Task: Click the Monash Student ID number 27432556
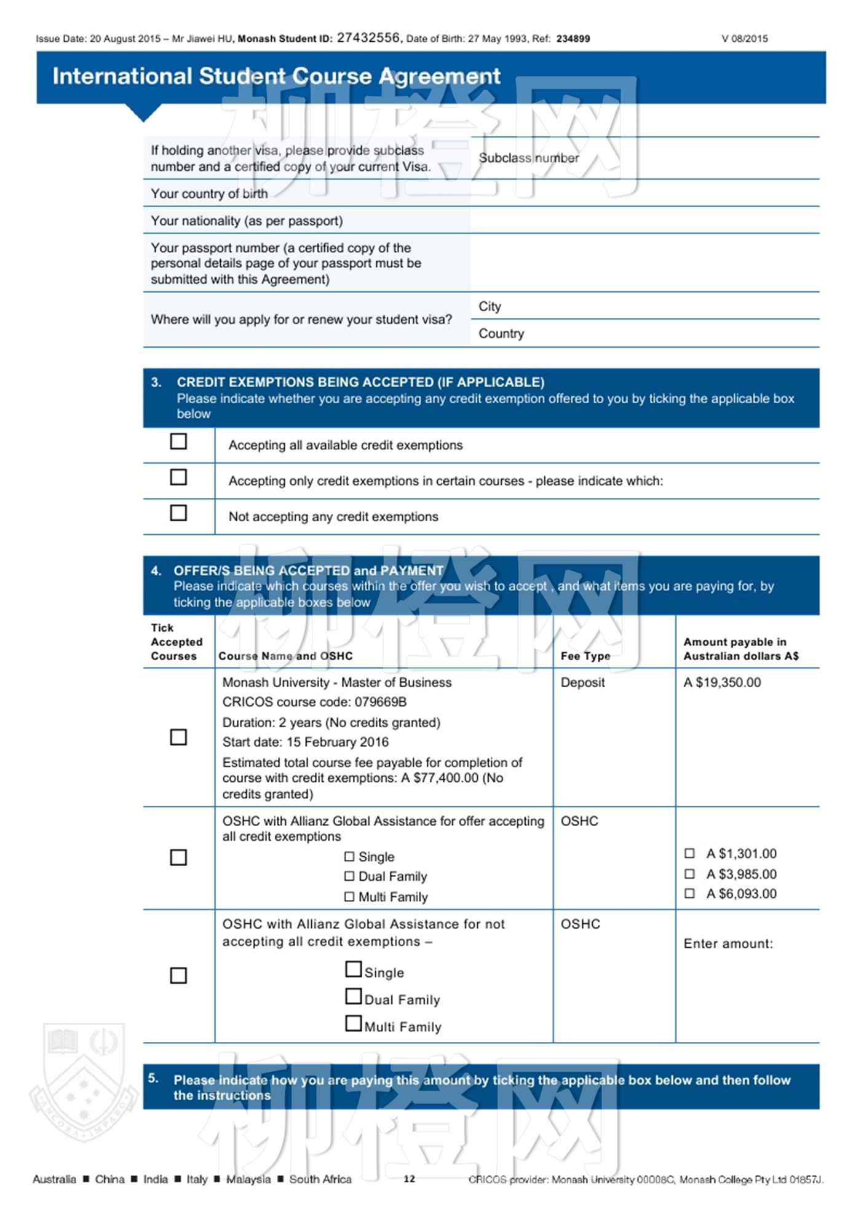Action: click(368, 38)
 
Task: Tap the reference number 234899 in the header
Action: click(573, 39)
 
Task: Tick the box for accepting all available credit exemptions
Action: click(178, 441)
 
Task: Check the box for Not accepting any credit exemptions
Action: click(178, 513)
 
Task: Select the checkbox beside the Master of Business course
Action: click(178, 737)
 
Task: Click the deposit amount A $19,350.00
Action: click(722, 682)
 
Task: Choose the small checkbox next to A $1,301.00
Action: click(689, 853)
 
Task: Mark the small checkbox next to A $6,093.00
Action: click(689, 893)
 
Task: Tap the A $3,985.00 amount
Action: click(741, 874)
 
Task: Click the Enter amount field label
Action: click(728, 943)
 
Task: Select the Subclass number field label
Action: click(529, 158)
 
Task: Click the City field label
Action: click(490, 306)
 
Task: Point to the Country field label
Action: click(501, 333)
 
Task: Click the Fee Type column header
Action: click(585, 656)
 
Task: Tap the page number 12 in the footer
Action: click(409, 1178)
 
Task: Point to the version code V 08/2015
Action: click(744, 39)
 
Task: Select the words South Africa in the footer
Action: click(320, 1179)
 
